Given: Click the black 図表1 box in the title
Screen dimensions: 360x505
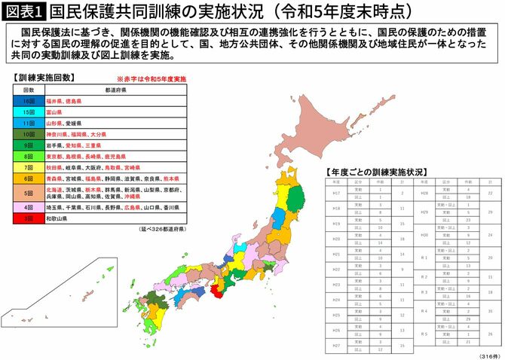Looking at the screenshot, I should point(24,13).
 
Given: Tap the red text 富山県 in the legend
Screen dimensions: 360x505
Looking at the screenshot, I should point(55,111).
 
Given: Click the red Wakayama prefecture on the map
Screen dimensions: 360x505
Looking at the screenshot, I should point(219,290).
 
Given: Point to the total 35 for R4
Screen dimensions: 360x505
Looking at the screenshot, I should point(490,310).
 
